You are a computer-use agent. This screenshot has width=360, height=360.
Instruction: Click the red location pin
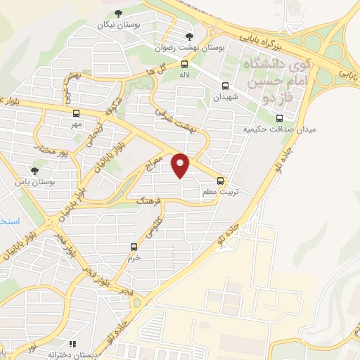181,165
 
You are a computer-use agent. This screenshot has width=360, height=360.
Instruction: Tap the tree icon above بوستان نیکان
117,13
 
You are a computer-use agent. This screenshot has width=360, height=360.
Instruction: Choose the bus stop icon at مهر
76,113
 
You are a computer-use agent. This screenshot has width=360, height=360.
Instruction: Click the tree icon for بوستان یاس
34,171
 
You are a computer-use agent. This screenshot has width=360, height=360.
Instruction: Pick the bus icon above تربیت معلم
221,180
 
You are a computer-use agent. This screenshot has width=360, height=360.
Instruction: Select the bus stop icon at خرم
134,247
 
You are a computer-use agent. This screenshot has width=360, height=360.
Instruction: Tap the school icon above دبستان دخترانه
51,345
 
